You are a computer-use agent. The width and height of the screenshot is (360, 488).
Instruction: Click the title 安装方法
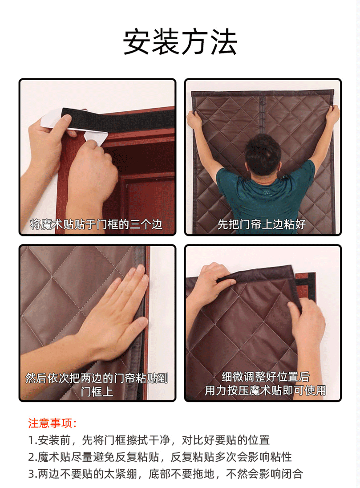click(x=180, y=42)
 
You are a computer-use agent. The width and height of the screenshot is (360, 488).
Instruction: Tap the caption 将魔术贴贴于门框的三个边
click(x=96, y=224)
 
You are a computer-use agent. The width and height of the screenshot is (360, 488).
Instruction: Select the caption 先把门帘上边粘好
click(x=262, y=224)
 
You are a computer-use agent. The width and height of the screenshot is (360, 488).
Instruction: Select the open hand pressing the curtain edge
click(x=118, y=314)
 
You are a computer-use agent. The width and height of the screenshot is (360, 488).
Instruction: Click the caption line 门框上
click(x=97, y=391)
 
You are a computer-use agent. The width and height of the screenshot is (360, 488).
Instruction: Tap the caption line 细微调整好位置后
click(x=265, y=377)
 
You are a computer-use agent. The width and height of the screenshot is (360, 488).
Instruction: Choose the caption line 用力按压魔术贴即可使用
click(x=265, y=390)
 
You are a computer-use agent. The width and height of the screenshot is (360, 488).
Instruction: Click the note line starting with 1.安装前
click(x=149, y=440)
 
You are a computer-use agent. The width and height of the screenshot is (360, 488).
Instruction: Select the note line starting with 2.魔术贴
click(x=160, y=457)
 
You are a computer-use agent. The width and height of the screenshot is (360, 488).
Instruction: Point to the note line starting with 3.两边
click(x=166, y=474)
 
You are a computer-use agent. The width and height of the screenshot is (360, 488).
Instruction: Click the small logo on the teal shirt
click(x=266, y=192)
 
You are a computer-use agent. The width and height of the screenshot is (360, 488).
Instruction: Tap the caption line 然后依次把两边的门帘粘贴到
click(x=97, y=378)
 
